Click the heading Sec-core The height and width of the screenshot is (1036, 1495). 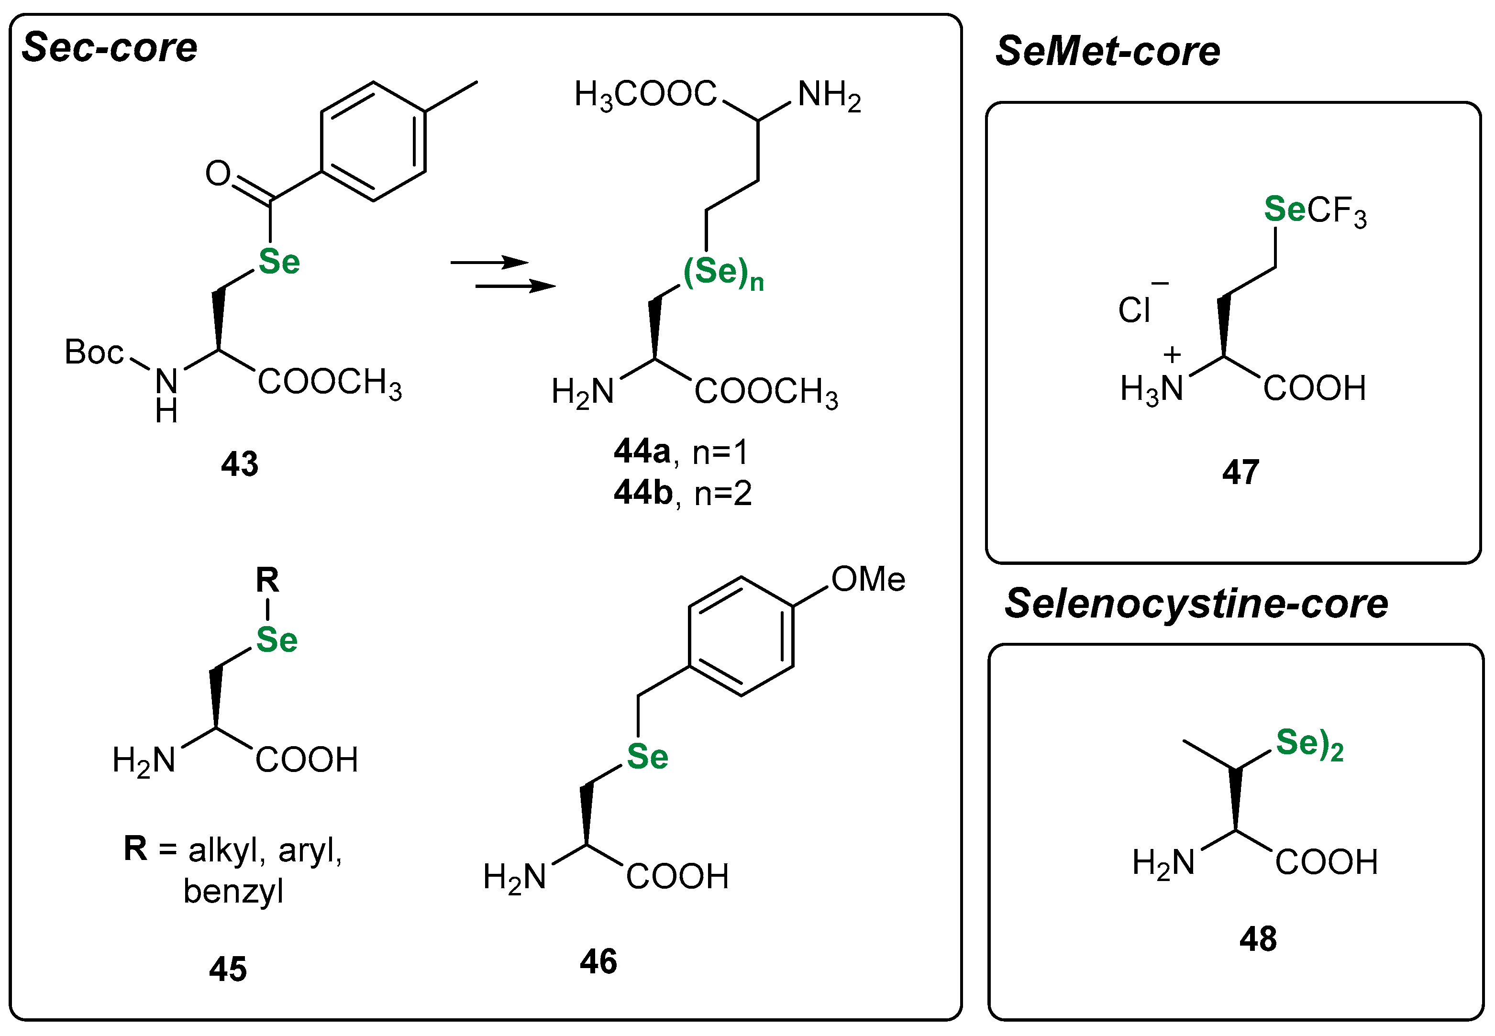click(109, 48)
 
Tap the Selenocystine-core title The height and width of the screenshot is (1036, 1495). click(1196, 604)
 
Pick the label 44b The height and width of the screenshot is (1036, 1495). click(642, 493)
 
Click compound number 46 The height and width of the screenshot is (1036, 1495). click(598, 961)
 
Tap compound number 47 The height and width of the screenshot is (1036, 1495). click(1240, 473)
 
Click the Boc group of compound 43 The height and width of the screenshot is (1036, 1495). click(93, 353)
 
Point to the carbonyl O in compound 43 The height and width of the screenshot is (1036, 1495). click(218, 173)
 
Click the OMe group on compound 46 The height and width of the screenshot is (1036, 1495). click(868, 579)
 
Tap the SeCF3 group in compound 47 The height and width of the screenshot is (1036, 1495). click(1315, 211)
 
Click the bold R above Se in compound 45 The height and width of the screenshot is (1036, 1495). click(267, 580)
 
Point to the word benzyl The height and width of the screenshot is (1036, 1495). click(233, 891)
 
